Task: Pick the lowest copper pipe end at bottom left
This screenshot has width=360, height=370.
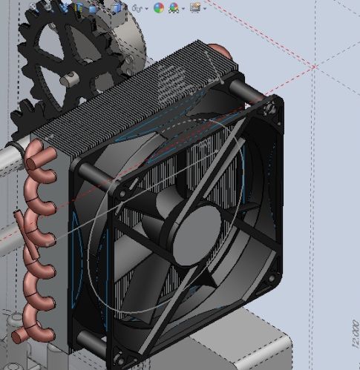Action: (19, 337)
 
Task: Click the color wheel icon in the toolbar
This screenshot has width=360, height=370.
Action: (158, 8)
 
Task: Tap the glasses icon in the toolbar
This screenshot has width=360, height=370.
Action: (138, 8)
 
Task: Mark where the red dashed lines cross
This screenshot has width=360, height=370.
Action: (315, 67)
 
